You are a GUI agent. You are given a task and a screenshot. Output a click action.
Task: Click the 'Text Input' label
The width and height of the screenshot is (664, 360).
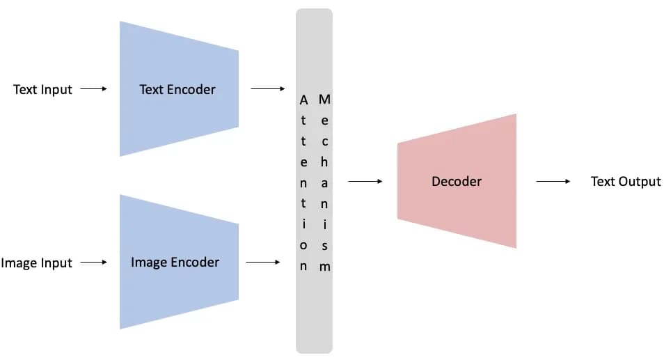click(x=42, y=90)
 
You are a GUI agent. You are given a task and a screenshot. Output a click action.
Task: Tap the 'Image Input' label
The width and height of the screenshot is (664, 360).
click(x=36, y=263)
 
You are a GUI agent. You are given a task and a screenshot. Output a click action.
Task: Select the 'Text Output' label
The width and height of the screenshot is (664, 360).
click(x=626, y=182)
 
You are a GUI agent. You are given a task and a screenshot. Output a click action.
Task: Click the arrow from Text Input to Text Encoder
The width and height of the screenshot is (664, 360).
click(x=93, y=89)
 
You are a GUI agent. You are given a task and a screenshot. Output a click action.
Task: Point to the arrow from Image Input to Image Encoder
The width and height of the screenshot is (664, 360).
click(x=93, y=262)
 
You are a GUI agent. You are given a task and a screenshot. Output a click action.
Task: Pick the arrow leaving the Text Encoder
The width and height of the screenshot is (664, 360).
click(x=268, y=89)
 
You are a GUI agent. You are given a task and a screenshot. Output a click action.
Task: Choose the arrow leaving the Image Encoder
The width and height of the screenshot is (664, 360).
click(x=263, y=262)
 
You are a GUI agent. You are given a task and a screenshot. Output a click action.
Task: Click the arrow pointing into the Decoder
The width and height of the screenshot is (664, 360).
click(x=365, y=181)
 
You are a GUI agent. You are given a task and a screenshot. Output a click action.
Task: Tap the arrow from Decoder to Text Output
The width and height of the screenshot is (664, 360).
click(x=553, y=181)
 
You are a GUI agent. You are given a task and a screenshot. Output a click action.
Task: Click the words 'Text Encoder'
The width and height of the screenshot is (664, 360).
click(x=177, y=89)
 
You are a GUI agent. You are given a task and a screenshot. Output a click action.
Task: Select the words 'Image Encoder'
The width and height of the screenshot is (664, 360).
click(x=175, y=263)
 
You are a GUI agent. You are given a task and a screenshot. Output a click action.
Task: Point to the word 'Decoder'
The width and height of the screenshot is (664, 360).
click(x=457, y=181)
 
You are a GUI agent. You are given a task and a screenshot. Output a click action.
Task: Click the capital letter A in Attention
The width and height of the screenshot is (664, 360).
click(x=303, y=100)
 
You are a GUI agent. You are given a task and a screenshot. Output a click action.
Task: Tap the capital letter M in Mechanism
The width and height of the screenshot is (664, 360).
click(x=324, y=100)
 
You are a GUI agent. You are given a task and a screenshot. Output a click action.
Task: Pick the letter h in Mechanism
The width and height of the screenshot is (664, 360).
click(x=324, y=162)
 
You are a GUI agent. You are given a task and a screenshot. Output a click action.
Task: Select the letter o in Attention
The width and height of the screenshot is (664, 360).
click(x=303, y=246)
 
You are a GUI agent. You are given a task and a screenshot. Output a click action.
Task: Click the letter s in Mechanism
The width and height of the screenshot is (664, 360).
click(x=324, y=246)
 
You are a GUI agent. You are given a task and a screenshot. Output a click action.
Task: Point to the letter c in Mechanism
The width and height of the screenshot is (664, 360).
click(x=325, y=141)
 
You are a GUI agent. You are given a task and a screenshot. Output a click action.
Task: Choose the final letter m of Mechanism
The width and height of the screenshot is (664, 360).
click(x=325, y=267)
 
